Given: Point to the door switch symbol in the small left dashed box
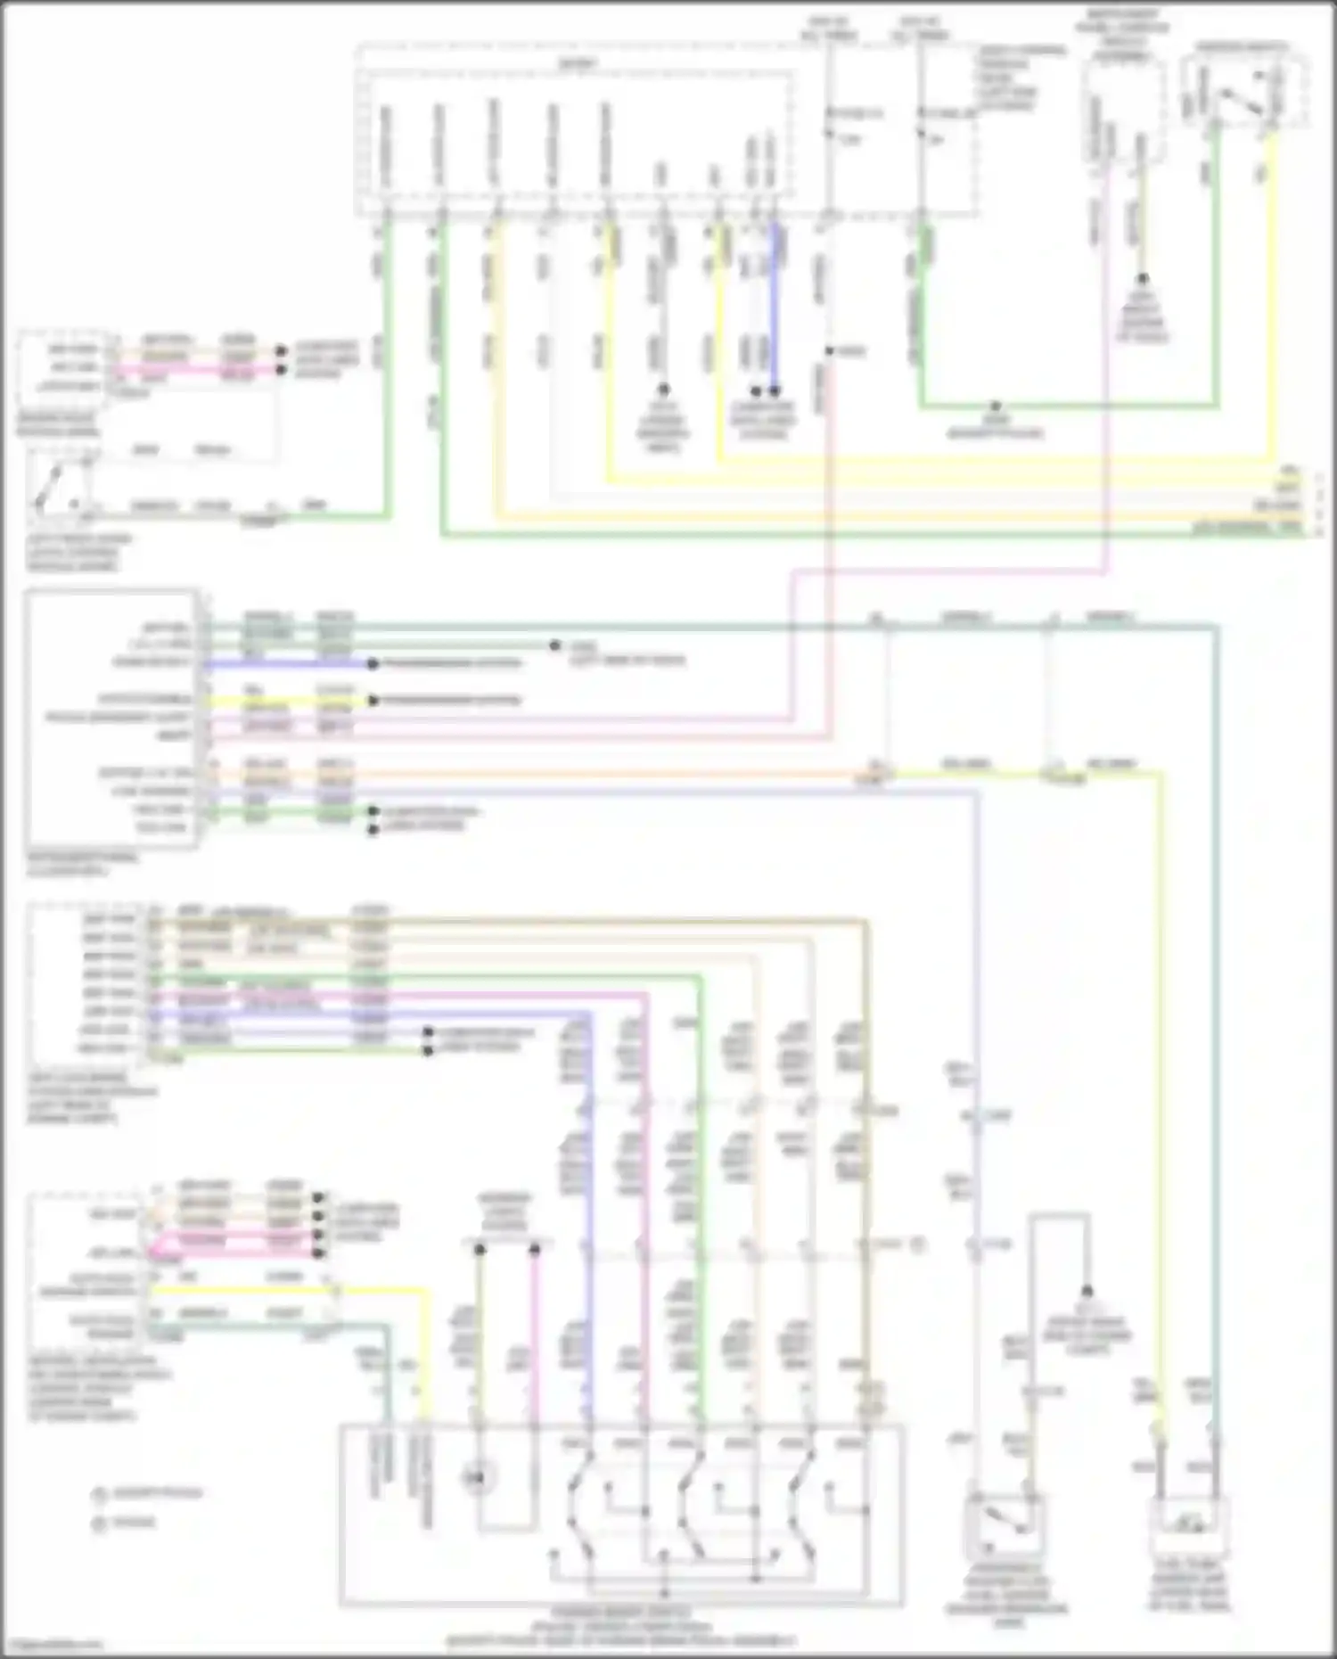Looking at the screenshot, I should (x=55, y=486).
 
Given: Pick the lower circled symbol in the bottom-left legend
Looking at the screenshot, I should (x=98, y=1523).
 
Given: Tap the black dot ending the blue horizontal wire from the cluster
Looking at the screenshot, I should (x=373, y=663).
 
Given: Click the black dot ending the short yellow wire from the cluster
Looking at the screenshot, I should (x=373, y=701).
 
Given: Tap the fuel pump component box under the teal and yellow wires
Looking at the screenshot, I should (x=1188, y=1527).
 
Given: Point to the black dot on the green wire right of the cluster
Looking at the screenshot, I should (x=554, y=645).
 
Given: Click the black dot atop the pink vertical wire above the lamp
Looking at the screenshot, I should (x=535, y=1252).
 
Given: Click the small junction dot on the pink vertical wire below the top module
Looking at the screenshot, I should (x=827, y=351).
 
